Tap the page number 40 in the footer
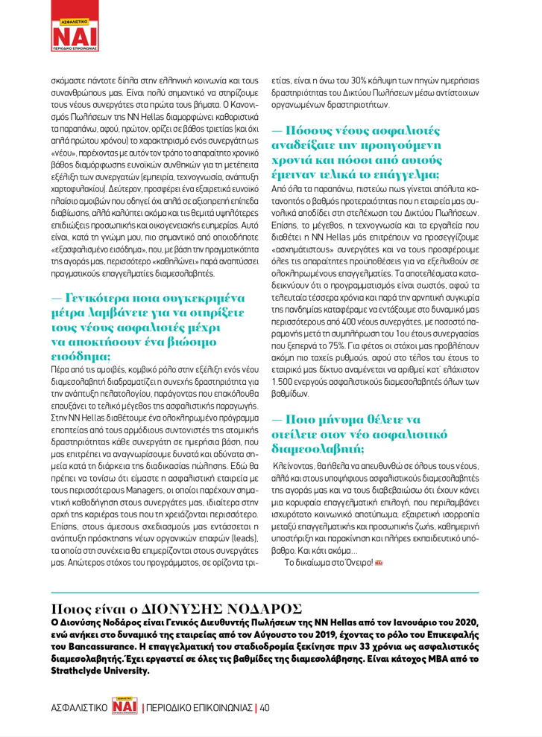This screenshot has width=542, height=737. [x=264, y=706]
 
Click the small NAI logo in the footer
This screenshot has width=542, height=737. [x=125, y=706]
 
